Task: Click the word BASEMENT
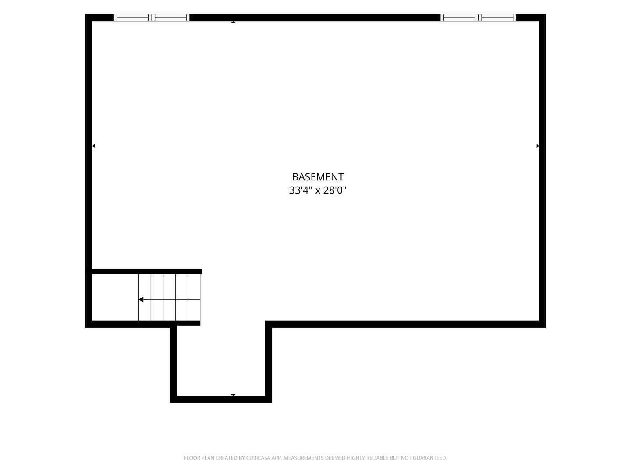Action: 318,177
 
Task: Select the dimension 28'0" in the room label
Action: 335,190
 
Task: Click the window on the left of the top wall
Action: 152,18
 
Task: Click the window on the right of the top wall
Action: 478,18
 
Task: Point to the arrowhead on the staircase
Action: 141,300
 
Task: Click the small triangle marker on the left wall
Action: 94,146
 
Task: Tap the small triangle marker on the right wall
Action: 538,146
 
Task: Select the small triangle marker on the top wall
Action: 233,22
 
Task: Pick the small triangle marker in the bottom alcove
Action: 233,395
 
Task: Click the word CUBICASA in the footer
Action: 256,458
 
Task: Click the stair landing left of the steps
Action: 115,297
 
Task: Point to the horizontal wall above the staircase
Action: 147,272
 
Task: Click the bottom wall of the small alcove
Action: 221,399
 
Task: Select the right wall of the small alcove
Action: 269,362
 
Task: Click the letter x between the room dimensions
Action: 318,191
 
